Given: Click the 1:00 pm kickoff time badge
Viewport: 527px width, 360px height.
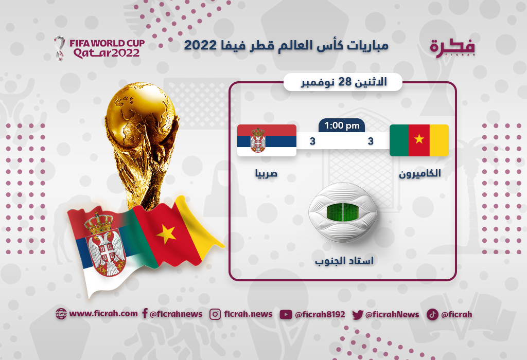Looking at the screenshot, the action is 342,125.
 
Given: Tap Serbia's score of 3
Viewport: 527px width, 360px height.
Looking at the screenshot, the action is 312,141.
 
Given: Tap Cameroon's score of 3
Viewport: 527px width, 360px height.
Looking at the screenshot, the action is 371,141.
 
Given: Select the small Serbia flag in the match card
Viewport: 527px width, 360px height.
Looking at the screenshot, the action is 267,140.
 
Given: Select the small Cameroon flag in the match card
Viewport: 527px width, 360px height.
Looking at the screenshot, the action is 419,140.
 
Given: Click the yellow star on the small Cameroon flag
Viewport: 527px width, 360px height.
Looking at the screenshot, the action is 419,139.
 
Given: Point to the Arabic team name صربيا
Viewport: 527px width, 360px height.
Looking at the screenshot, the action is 266,173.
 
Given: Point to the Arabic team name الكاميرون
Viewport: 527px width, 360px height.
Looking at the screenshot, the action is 420,173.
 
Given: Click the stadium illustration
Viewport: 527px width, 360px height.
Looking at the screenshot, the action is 342,212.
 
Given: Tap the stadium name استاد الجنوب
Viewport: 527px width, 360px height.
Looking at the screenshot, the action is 344,261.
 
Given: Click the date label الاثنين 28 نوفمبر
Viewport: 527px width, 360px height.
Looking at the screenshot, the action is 343,82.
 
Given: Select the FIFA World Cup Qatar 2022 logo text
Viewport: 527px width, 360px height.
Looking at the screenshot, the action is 107,48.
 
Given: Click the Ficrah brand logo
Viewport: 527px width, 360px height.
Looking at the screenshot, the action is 452,48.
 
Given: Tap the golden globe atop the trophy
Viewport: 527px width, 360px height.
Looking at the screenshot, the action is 140,111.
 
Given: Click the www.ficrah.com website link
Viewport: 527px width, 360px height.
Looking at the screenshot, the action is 103,314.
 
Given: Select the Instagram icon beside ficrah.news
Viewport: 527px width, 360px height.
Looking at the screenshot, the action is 215,314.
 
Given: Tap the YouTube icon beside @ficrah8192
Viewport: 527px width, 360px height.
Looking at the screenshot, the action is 286,314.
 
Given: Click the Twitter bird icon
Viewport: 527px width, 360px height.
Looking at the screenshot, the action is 358,315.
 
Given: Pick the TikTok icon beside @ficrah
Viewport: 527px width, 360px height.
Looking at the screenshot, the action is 432,314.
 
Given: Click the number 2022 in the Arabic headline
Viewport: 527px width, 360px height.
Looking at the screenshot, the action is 200,45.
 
